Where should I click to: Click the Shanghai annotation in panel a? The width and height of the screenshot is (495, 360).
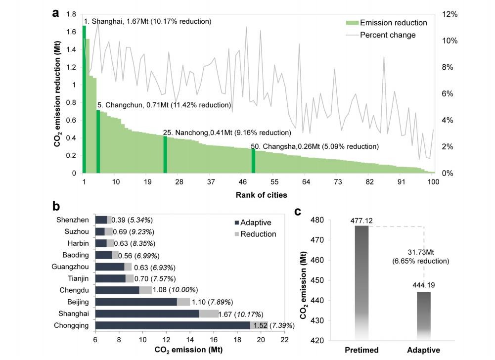(147, 22)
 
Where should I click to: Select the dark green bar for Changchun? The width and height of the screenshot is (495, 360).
(98, 141)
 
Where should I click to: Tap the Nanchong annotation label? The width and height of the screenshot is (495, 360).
(227, 133)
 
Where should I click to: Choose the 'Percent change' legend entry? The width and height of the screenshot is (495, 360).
(388, 35)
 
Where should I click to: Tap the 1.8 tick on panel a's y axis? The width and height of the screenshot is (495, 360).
(71, 14)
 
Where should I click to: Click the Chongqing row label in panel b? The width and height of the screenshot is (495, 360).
(74, 326)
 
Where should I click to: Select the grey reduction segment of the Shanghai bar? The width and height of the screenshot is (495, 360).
(209, 314)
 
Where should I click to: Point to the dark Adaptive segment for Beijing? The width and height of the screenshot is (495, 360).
(135, 302)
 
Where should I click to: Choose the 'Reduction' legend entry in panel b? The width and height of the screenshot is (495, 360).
(258, 234)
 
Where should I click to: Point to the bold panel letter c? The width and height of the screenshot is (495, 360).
(298, 212)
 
